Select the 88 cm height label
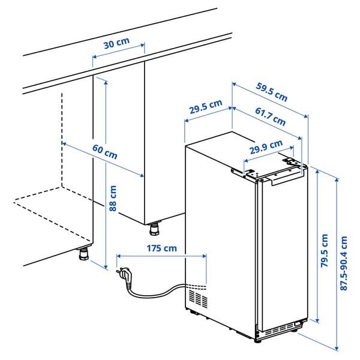tap(113, 199)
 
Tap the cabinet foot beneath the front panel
tap(155, 229)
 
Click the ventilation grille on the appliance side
tap(199, 296)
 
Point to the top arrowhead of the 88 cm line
tap(106, 82)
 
